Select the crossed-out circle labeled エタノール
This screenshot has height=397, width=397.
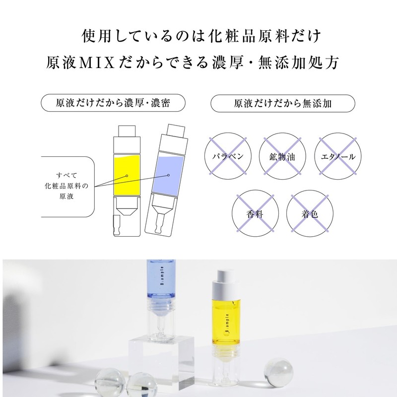pyautogui.click(x=337, y=156)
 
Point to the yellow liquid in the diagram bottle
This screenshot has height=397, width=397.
pyautogui.click(x=127, y=177)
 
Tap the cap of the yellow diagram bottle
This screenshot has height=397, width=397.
pyautogui.click(x=127, y=136)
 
